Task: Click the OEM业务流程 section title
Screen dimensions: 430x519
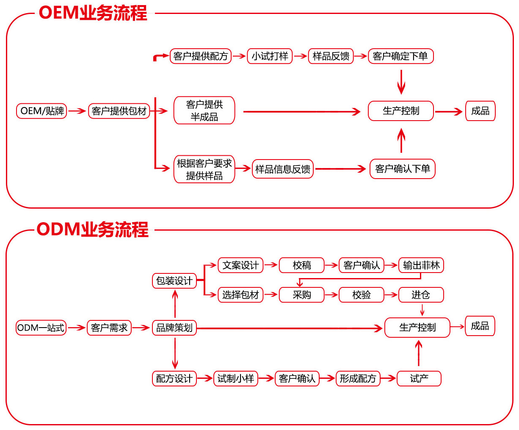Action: [x=93, y=13]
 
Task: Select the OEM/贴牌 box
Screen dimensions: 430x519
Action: [x=41, y=111]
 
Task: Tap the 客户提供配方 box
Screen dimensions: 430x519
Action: [x=201, y=56]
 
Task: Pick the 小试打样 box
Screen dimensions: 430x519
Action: [x=270, y=56]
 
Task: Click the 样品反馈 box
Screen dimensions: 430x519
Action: [x=331, y=56]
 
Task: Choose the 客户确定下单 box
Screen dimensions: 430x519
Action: [x=400, y=56]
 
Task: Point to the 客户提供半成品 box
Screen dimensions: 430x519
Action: [x=204, y=111]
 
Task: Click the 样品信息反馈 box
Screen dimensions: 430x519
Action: [x=282, y=169]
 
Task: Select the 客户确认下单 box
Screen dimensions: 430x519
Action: [x=402, y=169]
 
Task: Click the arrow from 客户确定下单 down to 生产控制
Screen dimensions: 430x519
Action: [x=401, y=82]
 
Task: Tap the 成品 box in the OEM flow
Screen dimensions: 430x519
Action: [x=480, y=111]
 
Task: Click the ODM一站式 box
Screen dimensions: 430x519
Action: [x=41, y=328]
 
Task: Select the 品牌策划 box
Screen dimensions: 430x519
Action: [x=174, y=328]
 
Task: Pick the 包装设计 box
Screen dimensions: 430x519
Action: [x=174, y=281]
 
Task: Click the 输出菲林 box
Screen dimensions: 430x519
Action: [x=421, y=265]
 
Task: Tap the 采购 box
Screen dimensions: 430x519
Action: [x=301, y=295]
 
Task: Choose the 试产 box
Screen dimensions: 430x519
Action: [x=419, y=378]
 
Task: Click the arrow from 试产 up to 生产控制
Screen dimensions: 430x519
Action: [x=419, y=353]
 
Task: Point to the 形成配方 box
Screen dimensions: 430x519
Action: [x=358, y=378]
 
